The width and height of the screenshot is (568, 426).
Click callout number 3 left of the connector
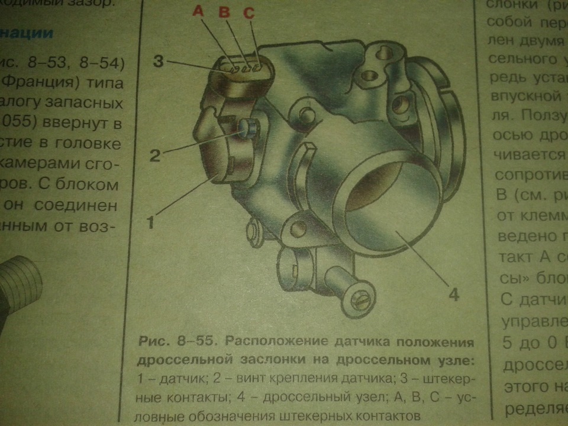(x=158, y=61)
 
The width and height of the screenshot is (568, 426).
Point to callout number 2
(x=154, y=155)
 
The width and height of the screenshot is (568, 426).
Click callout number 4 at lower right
(x=452, y=294)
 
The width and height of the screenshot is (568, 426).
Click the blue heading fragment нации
(x=27, y=33)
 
